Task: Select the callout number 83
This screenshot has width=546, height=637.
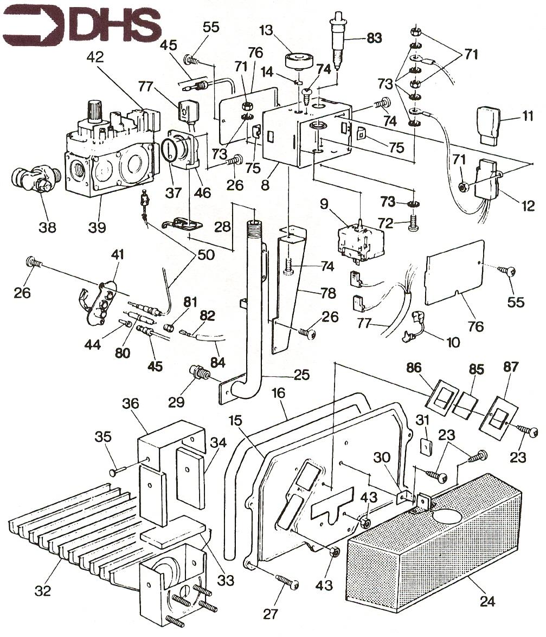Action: [x=374, y=38]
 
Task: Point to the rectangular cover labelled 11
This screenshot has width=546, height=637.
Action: [x=491, y=124]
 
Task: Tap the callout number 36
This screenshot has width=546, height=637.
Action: [x=130, y=404]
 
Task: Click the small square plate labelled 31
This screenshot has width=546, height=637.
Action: [x=427, y=446]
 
